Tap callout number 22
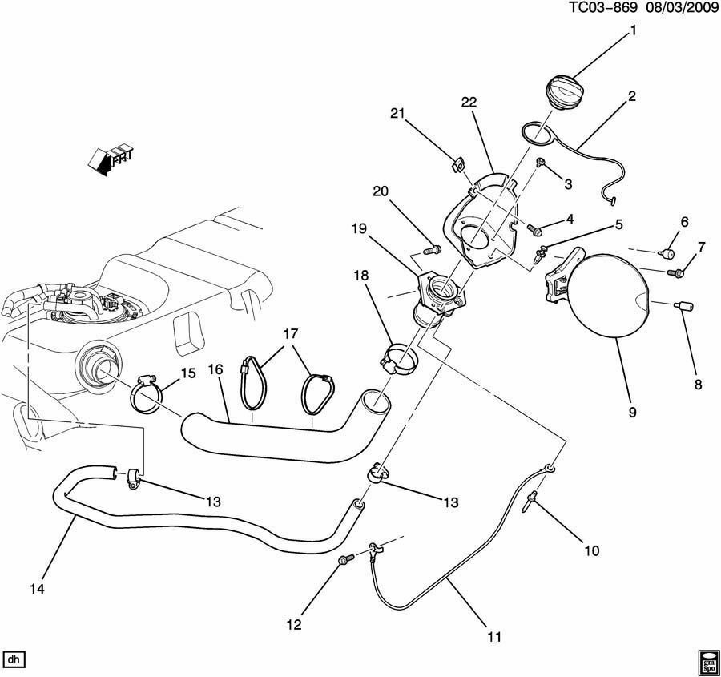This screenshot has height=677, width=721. click(x=469, y=101)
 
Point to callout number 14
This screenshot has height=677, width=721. click(x=37, y=589)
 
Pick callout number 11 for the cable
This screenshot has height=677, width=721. click(x=493, y=637)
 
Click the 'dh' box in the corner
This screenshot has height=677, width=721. click(x=14, y=659)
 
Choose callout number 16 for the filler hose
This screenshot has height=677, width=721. click(x=215, y=369)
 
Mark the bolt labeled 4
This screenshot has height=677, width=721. click(x=534, y=229)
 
